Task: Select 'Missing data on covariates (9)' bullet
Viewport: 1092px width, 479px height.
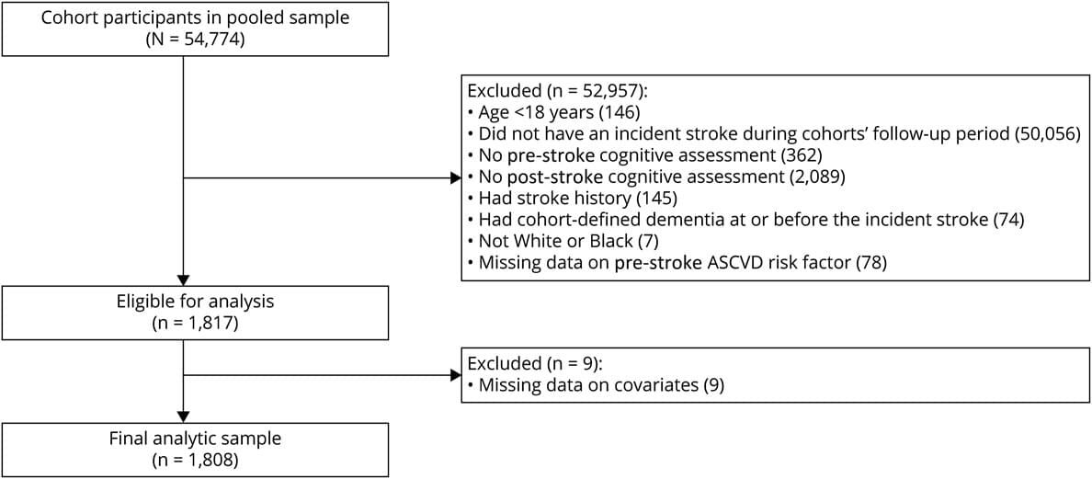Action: pos(597,384)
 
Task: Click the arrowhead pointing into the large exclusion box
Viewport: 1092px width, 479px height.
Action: pos(456,178)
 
